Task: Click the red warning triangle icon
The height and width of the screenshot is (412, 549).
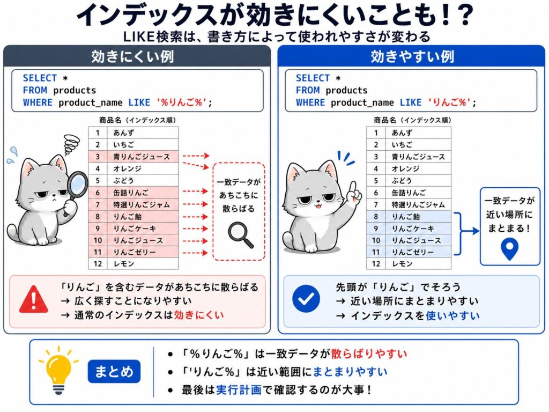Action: (34, 299)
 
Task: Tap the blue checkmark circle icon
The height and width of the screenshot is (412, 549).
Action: (306, 298)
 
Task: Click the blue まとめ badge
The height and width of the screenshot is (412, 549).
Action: (114, 371)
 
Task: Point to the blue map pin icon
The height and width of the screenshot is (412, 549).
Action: (510, 248)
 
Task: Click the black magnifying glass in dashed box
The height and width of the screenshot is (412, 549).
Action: (240, 235)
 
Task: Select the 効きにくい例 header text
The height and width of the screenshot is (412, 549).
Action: (133, 56)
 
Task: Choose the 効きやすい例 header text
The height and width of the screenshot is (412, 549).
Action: (412, 56)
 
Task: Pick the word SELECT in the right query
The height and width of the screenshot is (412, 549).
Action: (313, 78)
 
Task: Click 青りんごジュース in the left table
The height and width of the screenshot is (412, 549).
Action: (142, 157)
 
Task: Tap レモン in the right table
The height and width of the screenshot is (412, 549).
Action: (402, 264)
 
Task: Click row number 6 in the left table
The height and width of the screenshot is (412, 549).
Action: (98, 193)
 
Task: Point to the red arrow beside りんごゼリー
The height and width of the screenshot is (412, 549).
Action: (195, 253)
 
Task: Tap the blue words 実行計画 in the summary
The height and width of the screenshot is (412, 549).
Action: (239, 389)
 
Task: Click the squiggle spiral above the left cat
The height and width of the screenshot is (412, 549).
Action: (71, 144)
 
